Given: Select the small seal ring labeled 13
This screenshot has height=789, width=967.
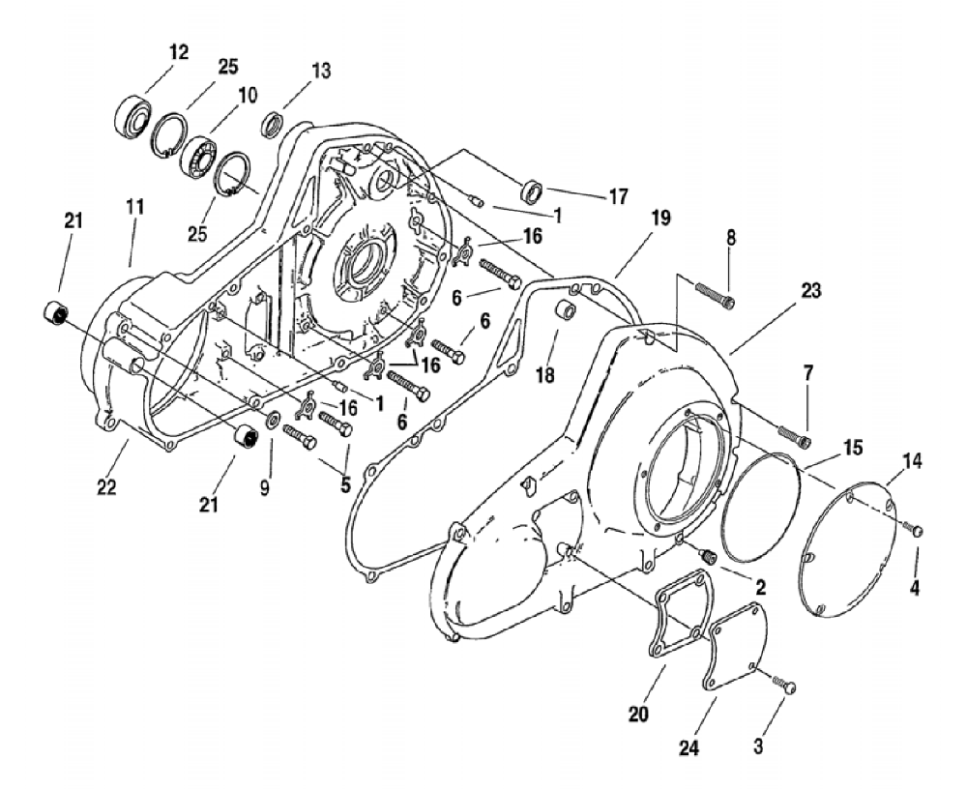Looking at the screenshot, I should tap(275, 125).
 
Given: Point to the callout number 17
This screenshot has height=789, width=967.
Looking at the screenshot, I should tap(618, 196).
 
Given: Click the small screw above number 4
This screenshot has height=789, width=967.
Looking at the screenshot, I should tap(917, 528).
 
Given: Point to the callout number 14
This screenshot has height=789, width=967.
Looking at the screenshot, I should tap(911, 463).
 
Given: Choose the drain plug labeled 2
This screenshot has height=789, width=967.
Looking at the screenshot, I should tap(708, 554).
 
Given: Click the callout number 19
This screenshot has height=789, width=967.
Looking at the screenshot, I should tap(633, 219).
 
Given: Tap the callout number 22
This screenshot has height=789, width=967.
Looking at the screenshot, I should tap(105, 486).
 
